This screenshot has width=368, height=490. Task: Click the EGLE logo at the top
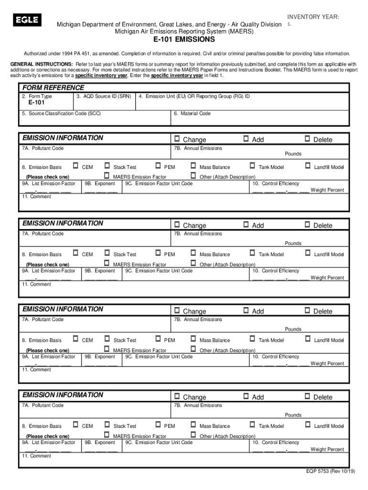pos(27,20)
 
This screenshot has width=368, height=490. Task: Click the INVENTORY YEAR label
pos(313,17)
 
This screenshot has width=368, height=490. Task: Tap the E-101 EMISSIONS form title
pos(184,40)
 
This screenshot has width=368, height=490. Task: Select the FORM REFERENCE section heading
pos(53,88)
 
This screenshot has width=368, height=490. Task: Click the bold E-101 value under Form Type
pos(36,102)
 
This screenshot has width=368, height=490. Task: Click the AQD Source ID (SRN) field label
pos(103,96)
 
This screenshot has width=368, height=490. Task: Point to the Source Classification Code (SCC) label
pos(61,114)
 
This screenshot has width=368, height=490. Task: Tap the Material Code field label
pos(192,114)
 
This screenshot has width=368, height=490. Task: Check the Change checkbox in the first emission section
pos(177,139)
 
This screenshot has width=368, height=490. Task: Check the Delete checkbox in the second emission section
pos(307,224)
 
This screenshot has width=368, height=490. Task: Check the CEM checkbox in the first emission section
pos(76,166)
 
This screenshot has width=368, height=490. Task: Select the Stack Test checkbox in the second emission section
pos(107,253)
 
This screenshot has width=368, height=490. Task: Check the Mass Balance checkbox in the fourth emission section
pos(193,424)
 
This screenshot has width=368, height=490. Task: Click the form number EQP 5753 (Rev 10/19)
pos(331,471)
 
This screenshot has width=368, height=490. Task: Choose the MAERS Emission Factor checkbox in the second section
pos(107,263)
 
